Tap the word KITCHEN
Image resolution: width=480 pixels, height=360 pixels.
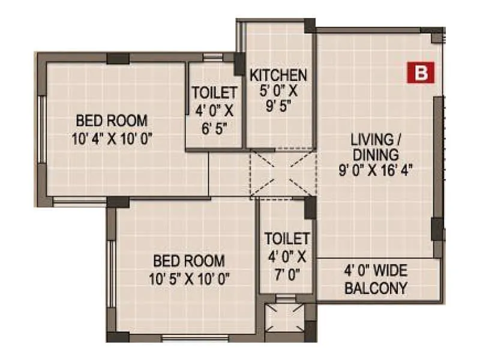coord(278,76)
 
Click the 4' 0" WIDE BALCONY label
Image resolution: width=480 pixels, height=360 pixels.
coord(376,280)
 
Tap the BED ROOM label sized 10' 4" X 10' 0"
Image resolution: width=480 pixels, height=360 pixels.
coord(111,119)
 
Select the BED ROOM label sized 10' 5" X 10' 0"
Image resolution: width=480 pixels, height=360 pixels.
coord(189,261)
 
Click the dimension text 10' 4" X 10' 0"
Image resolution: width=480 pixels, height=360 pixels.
coord(111,139)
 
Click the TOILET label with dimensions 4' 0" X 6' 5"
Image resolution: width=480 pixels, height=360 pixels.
coord(214,92)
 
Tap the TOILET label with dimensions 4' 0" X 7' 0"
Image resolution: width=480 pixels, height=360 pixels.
coord(287,239)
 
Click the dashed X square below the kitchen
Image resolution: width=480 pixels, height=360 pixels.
coord(283,173)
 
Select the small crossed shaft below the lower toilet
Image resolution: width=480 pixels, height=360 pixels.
coord(284,318)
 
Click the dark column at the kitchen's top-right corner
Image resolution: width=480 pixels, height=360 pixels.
coord(310,25)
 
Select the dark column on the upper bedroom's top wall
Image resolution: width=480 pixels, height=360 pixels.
coord(118,58)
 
